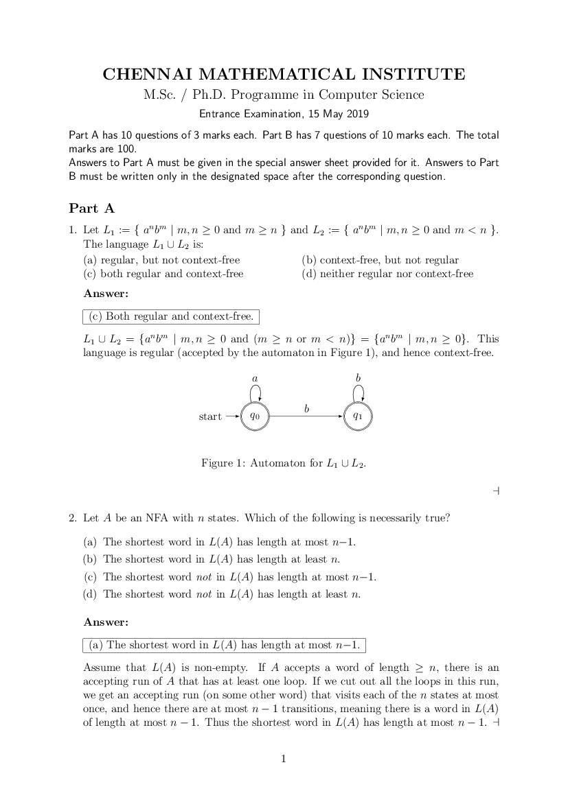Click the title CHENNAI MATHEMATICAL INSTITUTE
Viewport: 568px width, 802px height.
(284, 74)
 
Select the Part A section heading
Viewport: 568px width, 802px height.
(91, 209)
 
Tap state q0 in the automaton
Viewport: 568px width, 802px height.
(255, 416)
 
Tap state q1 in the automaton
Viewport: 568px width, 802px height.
(357, 416)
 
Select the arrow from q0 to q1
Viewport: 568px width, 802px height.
(306, 416)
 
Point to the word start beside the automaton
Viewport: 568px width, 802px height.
(210, 416)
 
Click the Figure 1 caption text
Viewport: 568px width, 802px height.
(284, 463)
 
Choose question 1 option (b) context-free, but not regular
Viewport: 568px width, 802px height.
(380, 260)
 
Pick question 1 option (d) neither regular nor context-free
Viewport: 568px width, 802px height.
(387, 274)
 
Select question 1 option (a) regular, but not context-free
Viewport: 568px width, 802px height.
(161, 260)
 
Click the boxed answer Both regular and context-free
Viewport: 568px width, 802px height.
(171, 316)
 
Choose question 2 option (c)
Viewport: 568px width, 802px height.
(229, 577)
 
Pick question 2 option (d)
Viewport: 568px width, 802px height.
(221, 594)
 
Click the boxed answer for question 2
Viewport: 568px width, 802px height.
(224, 645)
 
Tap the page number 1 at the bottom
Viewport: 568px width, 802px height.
(284, 759)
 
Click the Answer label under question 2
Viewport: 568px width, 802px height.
(106, 622)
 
